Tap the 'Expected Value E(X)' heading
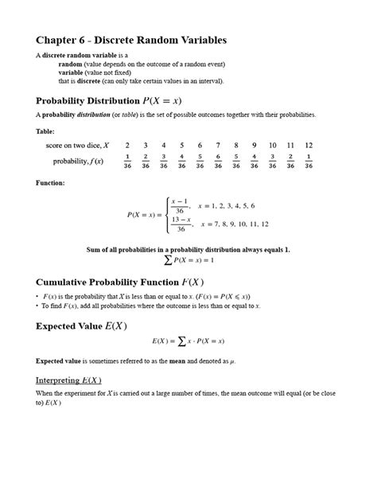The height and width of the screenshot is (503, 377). pos(81,326)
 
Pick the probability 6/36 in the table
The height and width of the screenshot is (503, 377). pos(218,162)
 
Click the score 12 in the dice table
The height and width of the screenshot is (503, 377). pos(309,145)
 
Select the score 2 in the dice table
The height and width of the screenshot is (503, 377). pos(127,145)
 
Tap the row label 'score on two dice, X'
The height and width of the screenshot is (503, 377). pos(77,145)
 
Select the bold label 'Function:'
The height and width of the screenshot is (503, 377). pos(52,183)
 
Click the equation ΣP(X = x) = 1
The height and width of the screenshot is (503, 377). pos(188,260)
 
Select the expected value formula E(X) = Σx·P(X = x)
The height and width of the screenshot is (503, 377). pos(188,341)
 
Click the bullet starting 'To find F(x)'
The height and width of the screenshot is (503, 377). pos(151,306)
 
